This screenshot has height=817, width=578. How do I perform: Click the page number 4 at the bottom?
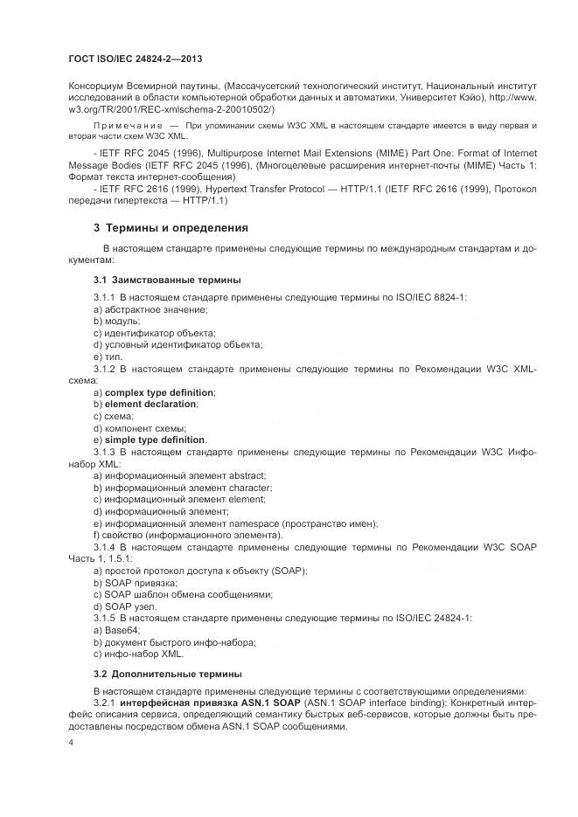point(71,743)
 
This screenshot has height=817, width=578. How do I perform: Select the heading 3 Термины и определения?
point(171,227)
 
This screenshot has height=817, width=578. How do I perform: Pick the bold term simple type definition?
point(156,440)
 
